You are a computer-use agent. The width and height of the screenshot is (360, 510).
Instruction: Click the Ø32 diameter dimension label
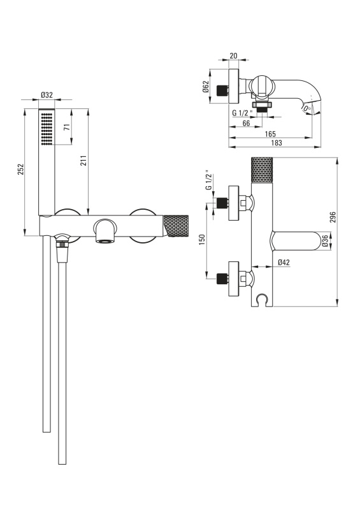tap(47, 95)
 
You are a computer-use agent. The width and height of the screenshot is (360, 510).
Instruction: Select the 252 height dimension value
tap(20, 170)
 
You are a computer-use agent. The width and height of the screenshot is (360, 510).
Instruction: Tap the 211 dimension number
tap(83, 160)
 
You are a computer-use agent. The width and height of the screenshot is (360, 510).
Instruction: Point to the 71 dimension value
tap(68, 127)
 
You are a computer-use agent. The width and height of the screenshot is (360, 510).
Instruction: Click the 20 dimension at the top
tap(233, 55)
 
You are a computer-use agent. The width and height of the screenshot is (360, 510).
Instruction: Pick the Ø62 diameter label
tap(206, 87)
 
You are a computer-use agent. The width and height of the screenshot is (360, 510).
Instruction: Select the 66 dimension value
tap(246, 123)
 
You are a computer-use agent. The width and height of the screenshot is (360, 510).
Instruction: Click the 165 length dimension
tap(270, 134)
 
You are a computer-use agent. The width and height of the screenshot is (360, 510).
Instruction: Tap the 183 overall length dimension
tap(276, 143)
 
